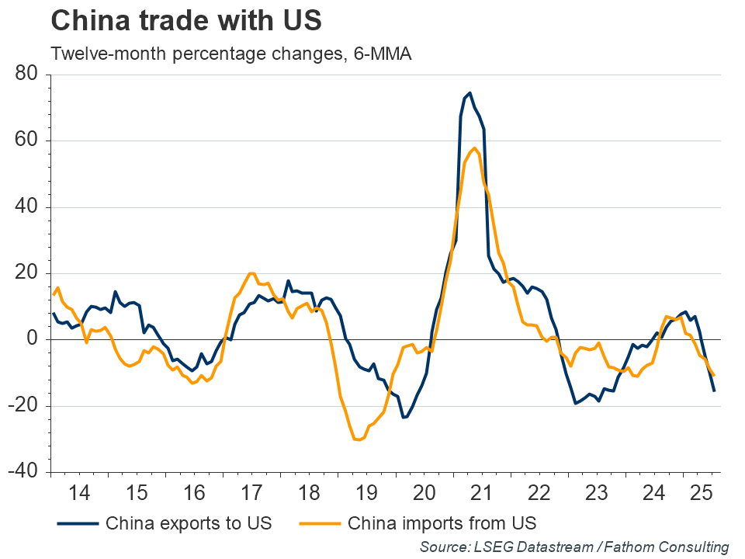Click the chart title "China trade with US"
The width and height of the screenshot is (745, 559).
pos(185,21)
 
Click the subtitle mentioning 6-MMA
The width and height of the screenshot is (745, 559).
pos(230,54)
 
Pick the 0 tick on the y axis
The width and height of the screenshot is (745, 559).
pos(34,339)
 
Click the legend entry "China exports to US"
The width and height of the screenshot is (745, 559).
pos(188,523)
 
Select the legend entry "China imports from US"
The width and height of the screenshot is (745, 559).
pos(442,523)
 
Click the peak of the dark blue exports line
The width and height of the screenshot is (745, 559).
pos(470,93)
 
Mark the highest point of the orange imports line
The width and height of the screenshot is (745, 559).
pos(474,148)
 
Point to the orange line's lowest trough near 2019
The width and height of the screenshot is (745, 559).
pos(359,440)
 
